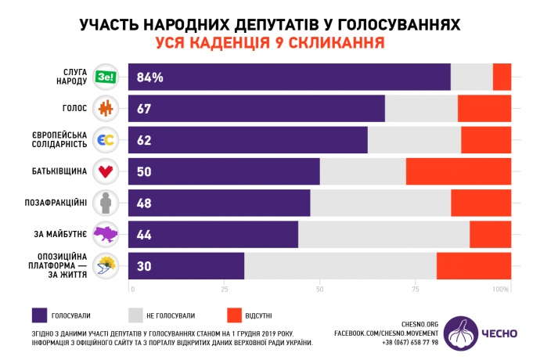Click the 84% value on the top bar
(149, 77)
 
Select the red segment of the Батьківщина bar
(458, 171)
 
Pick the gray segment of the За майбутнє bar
(383, 235)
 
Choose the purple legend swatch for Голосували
(39, 315)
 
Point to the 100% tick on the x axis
(501, 290)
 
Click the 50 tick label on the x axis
(319, 290)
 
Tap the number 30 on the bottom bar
(144, 266)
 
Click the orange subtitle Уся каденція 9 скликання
(269, 41)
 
